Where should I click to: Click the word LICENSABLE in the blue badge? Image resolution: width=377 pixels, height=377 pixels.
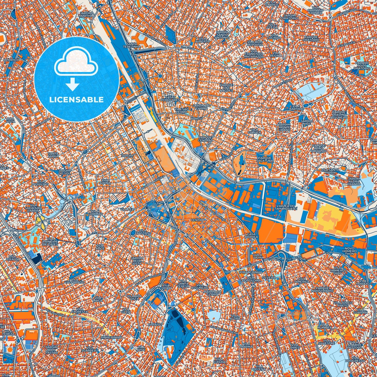76,100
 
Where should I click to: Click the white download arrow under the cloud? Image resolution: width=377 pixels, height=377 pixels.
73,85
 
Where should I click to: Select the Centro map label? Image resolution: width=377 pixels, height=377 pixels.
198,220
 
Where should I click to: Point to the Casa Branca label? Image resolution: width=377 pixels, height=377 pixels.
252,235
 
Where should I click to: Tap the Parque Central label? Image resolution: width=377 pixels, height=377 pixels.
205,139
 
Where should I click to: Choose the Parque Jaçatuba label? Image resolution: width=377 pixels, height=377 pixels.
265,159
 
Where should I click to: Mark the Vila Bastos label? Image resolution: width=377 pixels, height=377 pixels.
144,232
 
